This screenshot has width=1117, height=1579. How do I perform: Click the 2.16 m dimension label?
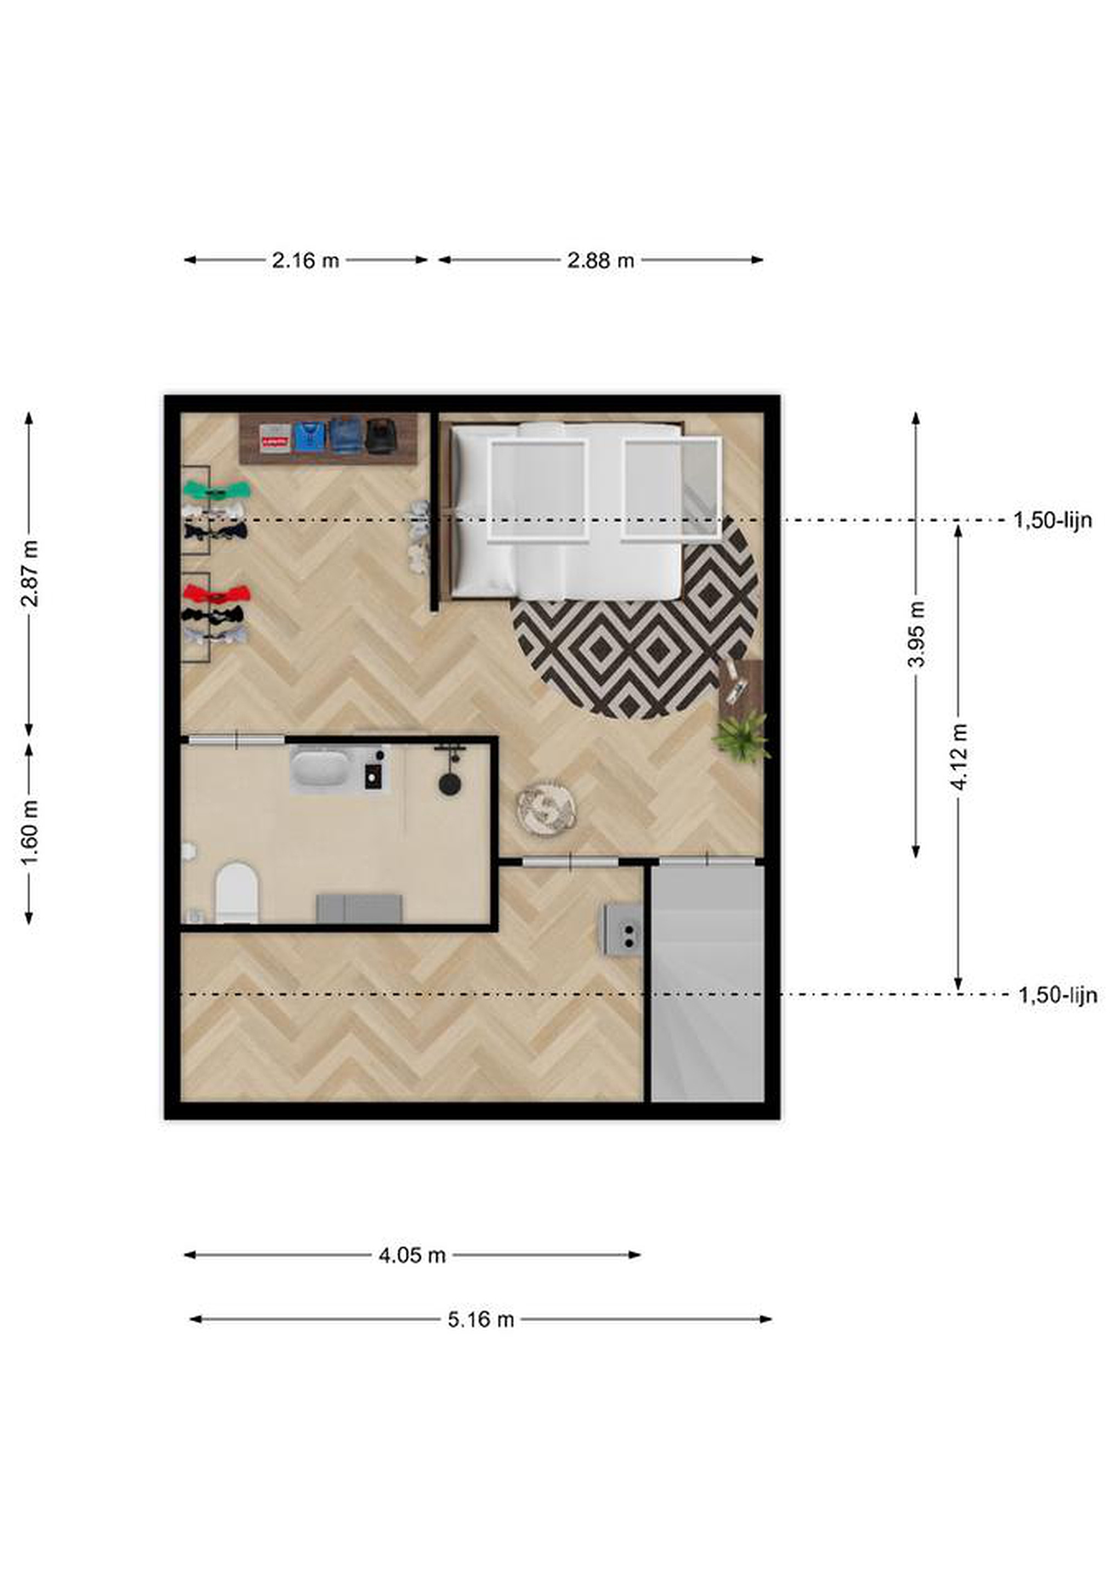pyautogui.click(x=305, y=260)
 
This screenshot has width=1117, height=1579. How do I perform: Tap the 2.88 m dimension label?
pyautogui.click(x=600, y=260)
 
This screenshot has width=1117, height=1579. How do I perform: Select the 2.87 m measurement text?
pyautogui.click(x=30, y=573)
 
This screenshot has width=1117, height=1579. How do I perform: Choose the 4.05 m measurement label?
pyautogui.click(x=412, y=1256)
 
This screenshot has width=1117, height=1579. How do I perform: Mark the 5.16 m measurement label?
pyautogui.click(x=481, y=1320)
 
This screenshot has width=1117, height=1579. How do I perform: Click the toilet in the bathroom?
pyautogui.click(x=236, y=893)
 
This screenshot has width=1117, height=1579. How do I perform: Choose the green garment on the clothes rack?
pyautogui.click(x=217, y=490)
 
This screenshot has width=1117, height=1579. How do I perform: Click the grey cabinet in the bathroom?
pyautogui.click(x=359, y=908)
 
